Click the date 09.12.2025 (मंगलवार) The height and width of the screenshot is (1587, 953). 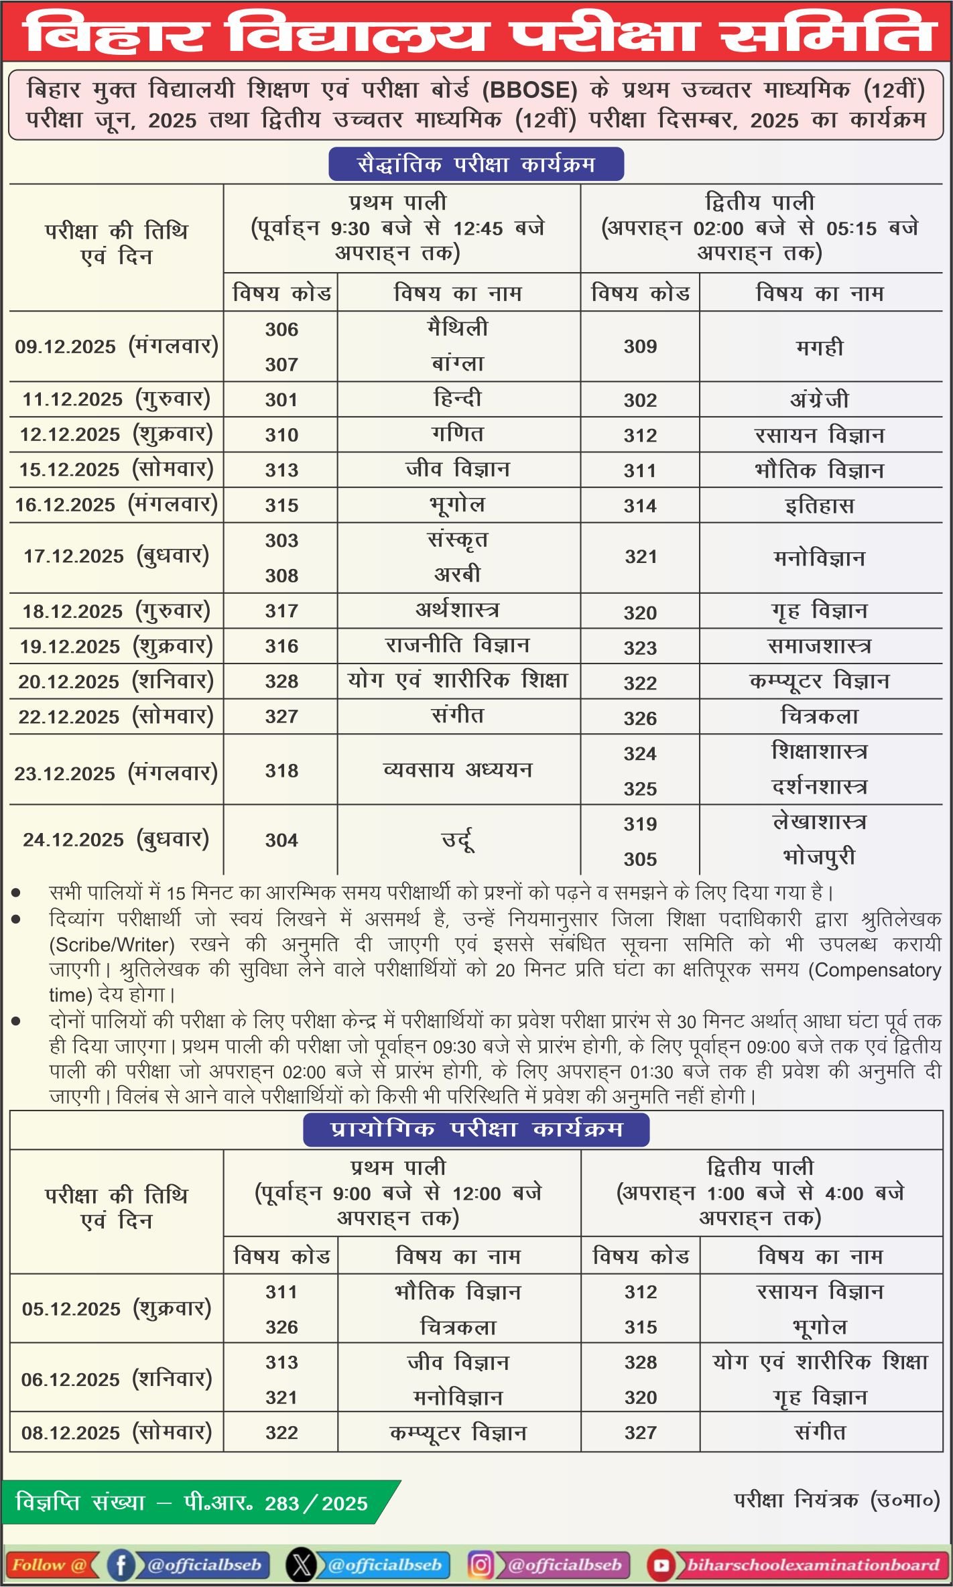(117, 346)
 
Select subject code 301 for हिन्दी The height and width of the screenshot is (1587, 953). (281, 400)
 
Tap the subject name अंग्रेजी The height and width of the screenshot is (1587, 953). (819, 400)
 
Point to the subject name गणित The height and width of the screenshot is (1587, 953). (458, 434)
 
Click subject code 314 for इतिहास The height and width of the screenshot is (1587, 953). (640, 506)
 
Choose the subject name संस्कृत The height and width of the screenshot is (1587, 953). (458, 540)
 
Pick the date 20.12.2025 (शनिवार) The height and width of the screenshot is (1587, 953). (116, 682)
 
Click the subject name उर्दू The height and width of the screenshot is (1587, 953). (458, 840)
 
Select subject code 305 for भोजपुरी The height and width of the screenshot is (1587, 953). (640, 859)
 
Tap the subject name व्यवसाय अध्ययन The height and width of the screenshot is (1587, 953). (458, 770)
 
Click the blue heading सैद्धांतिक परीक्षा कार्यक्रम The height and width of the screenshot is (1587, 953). (476, 164)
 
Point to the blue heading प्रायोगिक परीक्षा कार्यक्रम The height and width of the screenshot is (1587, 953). (476, 1129)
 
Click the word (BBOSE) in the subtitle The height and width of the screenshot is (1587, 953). (530, 90)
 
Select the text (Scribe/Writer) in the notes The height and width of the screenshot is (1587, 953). (112, 945)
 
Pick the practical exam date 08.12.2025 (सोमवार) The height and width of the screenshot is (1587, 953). (117, 1433)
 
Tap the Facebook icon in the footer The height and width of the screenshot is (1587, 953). (121, 1565)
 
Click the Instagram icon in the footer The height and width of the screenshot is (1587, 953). (481, 1565)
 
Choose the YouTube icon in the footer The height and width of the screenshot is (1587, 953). (661, 1565)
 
